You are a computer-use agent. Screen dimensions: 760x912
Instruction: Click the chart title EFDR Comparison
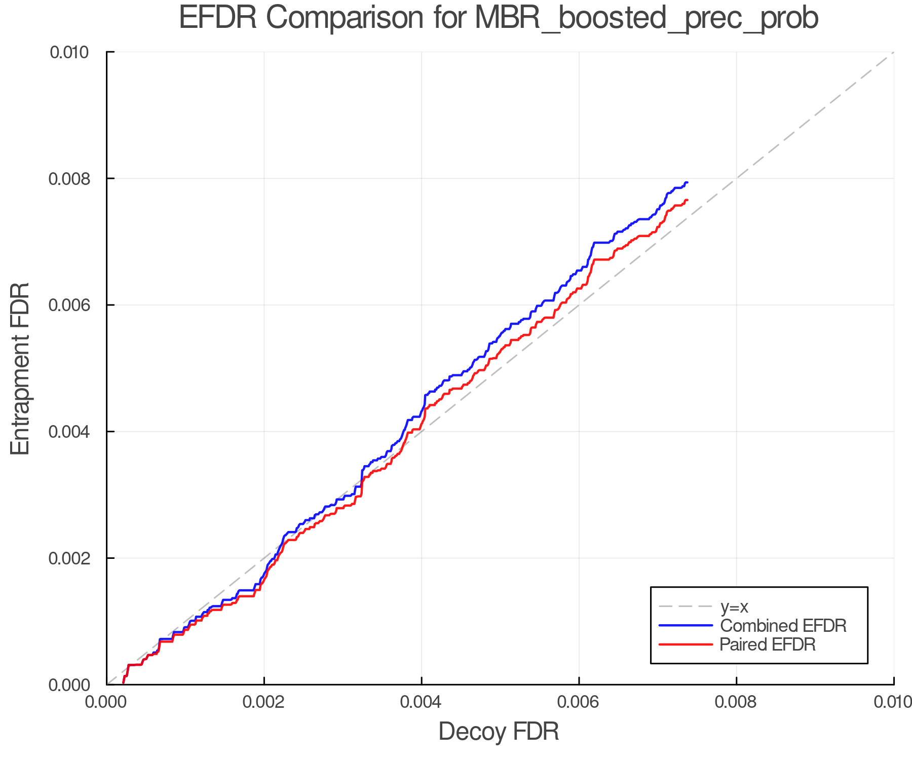499,18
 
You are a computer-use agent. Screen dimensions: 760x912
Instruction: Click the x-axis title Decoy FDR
499,732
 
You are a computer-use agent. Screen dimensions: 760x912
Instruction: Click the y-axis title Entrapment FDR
20,368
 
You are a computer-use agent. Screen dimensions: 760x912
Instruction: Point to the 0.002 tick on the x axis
263,702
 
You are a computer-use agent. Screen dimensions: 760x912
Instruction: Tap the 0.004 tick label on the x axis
421,702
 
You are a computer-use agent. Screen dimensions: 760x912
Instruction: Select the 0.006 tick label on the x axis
579,702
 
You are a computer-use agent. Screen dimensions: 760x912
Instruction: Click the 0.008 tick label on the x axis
736,702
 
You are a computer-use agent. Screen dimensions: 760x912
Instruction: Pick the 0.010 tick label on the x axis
893,702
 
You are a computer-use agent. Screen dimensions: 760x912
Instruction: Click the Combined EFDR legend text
783,626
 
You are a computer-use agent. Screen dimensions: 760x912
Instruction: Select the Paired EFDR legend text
768,644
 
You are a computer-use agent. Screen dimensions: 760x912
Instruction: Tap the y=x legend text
734,606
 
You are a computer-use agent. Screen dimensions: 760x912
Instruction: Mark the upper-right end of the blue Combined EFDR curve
687,182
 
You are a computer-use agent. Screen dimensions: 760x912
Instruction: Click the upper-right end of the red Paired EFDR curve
687,200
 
